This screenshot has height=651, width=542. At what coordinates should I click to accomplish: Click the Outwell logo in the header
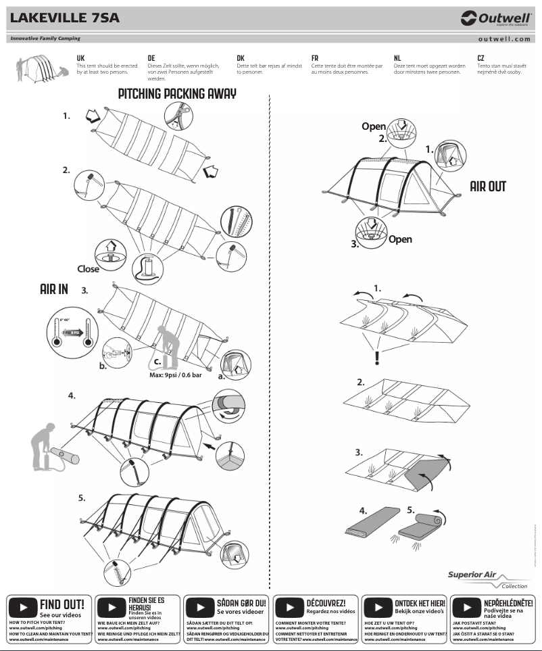[495, 18]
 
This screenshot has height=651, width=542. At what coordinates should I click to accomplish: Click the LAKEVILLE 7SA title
[65, 18]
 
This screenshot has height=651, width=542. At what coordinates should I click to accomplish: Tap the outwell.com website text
[503, 39]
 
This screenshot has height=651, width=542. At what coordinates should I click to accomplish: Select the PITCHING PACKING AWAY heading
[177, 94]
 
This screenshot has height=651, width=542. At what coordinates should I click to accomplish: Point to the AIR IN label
[54, 289]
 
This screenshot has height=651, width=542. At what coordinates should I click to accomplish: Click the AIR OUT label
[488, 186]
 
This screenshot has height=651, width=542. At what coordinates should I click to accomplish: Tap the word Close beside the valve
[88, 268]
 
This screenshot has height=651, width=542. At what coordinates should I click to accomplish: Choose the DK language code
[241, 59]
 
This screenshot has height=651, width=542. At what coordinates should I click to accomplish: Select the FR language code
[315, 59]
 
